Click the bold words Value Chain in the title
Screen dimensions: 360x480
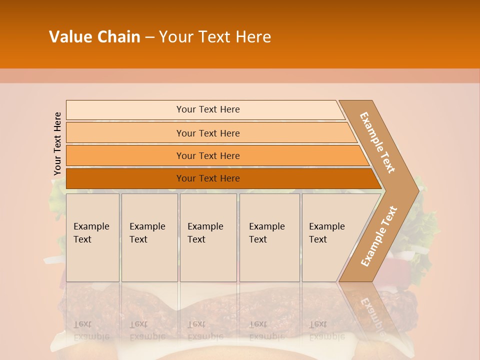[94, 37]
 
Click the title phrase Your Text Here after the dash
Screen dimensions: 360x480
[215, 37]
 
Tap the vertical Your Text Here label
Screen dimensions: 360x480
[57, 143]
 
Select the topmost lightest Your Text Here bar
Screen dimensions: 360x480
[207, 109]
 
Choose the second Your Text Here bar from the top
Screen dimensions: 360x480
[207, 133]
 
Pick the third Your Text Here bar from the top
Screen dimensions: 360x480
[207, 155]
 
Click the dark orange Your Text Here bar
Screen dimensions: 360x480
[207, 178]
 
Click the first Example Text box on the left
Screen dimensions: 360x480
[92, 237]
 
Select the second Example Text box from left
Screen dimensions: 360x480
[149, 237]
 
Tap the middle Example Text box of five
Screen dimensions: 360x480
[208, 237]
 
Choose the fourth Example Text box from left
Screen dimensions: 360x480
[269, 237]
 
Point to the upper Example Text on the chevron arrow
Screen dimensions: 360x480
[377, 142]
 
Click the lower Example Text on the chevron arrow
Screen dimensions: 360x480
[379, 236]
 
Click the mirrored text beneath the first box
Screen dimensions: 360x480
[91, 330]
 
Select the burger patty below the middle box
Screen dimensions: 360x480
[208, 305]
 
